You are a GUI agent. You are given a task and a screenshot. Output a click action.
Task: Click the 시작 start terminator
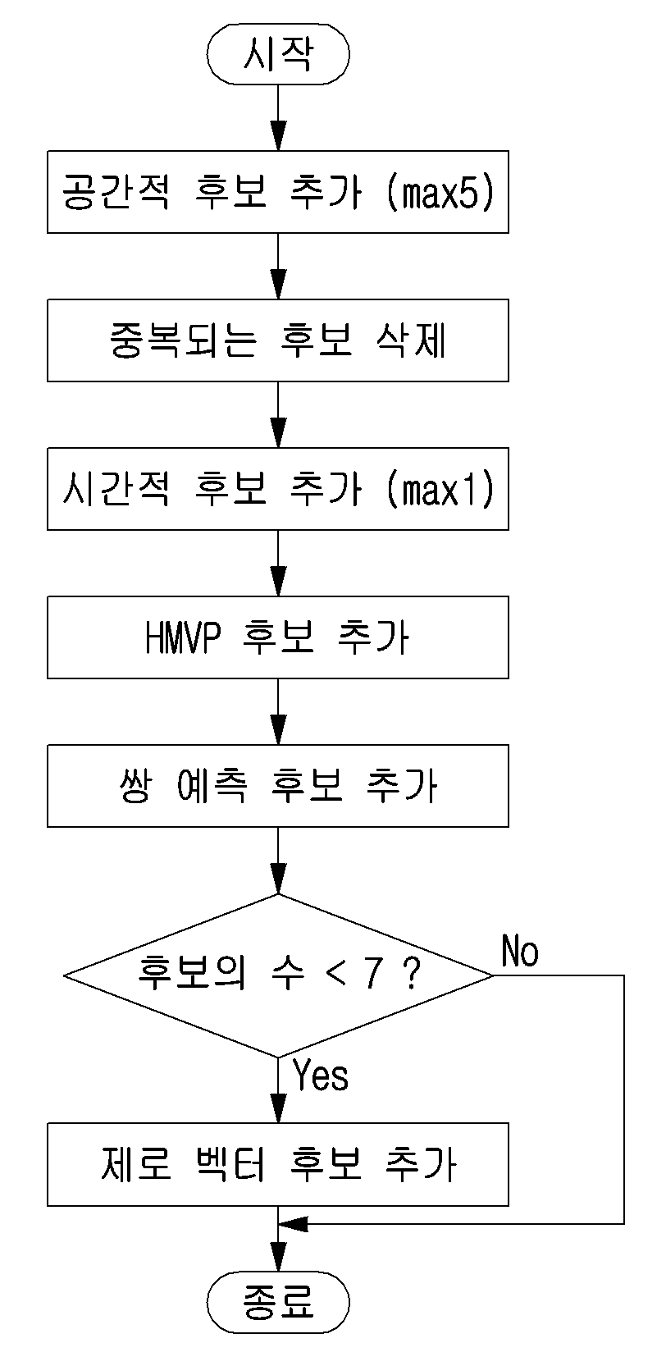278,53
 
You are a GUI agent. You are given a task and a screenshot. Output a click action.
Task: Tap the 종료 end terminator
278,1302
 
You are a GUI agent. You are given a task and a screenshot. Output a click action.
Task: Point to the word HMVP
183,637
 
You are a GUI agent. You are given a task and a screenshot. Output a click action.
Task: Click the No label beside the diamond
520,952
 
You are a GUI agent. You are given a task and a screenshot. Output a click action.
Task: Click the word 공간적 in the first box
116,192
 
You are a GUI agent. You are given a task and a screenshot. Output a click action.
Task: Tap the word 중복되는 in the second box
184,340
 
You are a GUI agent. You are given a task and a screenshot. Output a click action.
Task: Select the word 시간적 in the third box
116,489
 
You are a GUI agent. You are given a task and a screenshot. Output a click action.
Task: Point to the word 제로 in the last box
136,1164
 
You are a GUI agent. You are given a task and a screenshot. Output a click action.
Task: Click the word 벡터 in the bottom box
231,1164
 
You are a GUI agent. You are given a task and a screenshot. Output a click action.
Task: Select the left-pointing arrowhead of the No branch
294,1224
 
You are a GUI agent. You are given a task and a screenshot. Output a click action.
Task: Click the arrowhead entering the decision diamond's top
278,879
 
